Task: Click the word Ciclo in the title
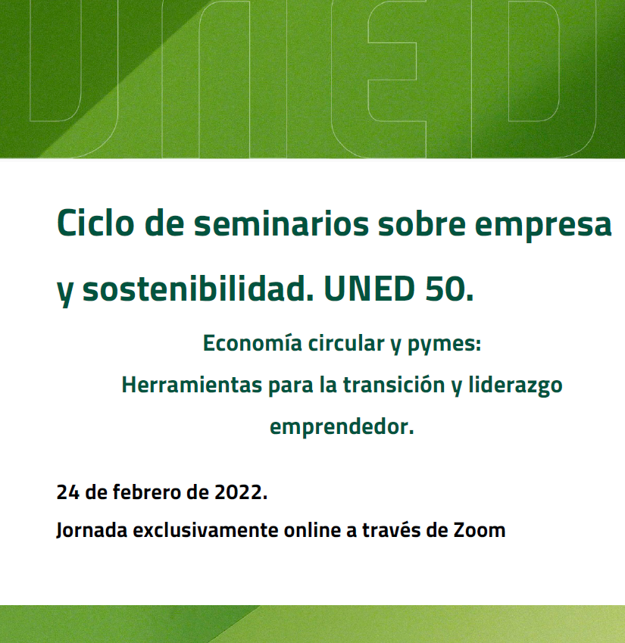click(95, 223)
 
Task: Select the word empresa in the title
click(543, 226)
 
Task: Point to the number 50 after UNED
click(449, 289)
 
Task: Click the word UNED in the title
click(369, 289)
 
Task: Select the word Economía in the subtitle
click(252, 343)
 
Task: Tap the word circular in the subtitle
click(346, 343)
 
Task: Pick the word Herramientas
click(192, 385)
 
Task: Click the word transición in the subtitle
click(394, 385)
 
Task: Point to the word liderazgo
click(515, 386)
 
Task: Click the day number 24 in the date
click(67, 492)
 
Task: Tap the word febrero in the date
click(147, 492)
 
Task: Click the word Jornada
click(92, 530)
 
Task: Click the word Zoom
click(479, 530)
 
